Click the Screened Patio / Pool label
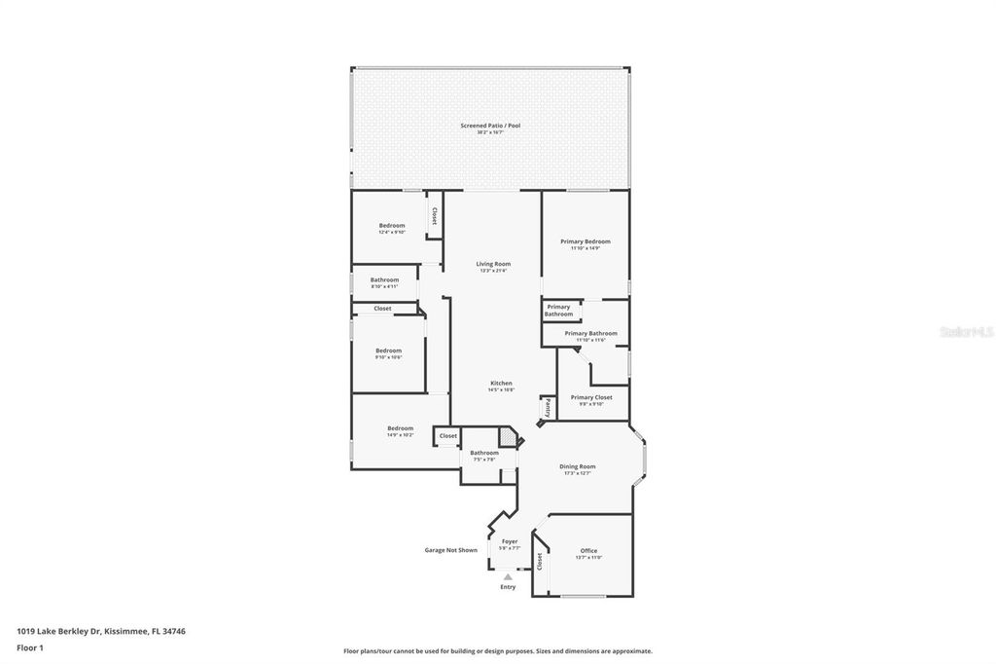pyautogui.click(x=490, y=126)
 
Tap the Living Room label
pyautogui.click(x=493, y=264)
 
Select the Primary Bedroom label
pyautogui.click(x=585, y=241)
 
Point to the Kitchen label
pyautogui.click(x=501, y=383)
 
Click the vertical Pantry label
pyautogui.click(x=548, y=407)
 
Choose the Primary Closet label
pyautogui.click(x=591, y=397)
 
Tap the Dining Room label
pyautogui.click(x=577, y=466)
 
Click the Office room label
pyautogui.click(x=588, y=550)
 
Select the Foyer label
pyautogui.click(x=510, y=541)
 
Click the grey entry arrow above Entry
pyautogui.click(x=508, y=577)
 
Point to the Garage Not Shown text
pyautogui.click(x=450, y=550)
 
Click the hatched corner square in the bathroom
pyautogui.click(x=508, y=437)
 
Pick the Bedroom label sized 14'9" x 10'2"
pyautogui.click(x=400, y=428)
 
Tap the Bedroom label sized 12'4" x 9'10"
pyautogui.click(x=391, y=226)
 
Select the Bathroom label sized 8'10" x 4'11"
pyautogui.click(x=384, y=279)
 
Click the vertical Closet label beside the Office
pyautogui.click(x=540, y=561)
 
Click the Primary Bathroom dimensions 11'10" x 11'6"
pyautogui.click(x=585, y=340)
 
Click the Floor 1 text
pyautogui.click(x=30, y=647)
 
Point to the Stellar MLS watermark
pyautogui.click(x=966, y=332)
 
